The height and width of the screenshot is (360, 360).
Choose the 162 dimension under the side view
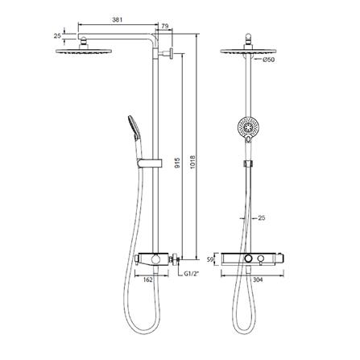click(x=147, y=282)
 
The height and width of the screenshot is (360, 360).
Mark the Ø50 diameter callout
click(x=269, y=59)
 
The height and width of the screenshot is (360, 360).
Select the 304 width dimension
click(x=256, y=282)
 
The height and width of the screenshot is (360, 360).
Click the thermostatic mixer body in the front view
click(x=255, y=258)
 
